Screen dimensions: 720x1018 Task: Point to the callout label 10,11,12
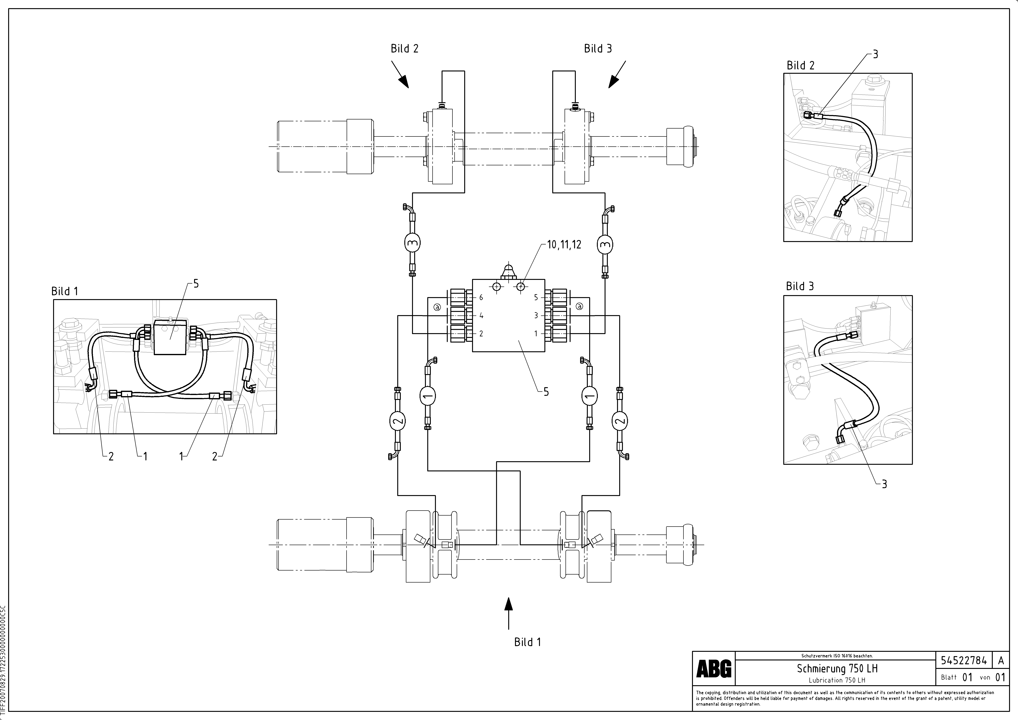point(564,245)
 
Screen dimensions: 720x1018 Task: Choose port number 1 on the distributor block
point(536,333)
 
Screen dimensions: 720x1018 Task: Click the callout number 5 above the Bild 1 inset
point(196,284)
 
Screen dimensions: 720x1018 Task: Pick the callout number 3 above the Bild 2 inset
point(875,54)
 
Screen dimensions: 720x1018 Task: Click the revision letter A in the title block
point(1001,661)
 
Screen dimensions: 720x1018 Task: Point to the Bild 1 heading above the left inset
point(65,291)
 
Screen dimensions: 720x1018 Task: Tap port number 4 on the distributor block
point(481,316)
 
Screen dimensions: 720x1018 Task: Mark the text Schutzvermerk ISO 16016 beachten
point(837,656)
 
